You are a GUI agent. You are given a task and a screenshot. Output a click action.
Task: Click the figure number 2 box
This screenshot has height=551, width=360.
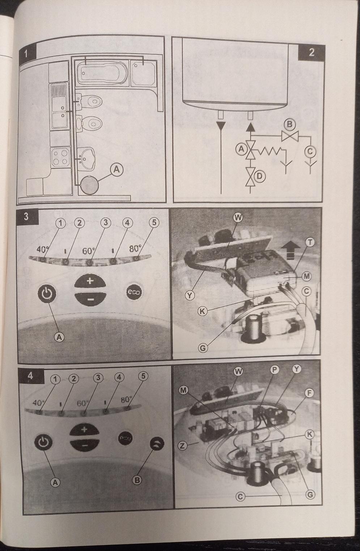click(311, 52)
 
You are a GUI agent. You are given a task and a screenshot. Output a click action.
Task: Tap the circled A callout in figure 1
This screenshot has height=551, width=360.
click(117, 170)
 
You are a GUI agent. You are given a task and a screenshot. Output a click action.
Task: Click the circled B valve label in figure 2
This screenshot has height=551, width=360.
click(290, 125)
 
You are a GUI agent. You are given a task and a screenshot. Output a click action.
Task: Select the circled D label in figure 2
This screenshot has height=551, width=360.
click(260, 176)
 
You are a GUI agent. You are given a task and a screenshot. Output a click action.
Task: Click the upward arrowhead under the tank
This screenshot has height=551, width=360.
click(250, 126)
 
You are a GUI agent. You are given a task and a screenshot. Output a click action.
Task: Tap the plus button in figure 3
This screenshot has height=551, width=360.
click(90, 281)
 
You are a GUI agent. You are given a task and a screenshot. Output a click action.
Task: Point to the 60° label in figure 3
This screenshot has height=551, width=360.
click(89, 251)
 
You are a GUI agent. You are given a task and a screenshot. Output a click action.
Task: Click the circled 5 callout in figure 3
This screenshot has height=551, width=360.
click(154, 223)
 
